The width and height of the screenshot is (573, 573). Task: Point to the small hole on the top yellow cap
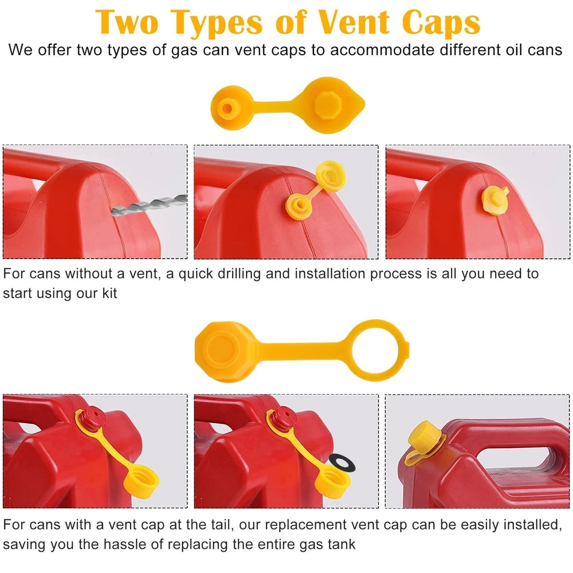click(x=228, y=107)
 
